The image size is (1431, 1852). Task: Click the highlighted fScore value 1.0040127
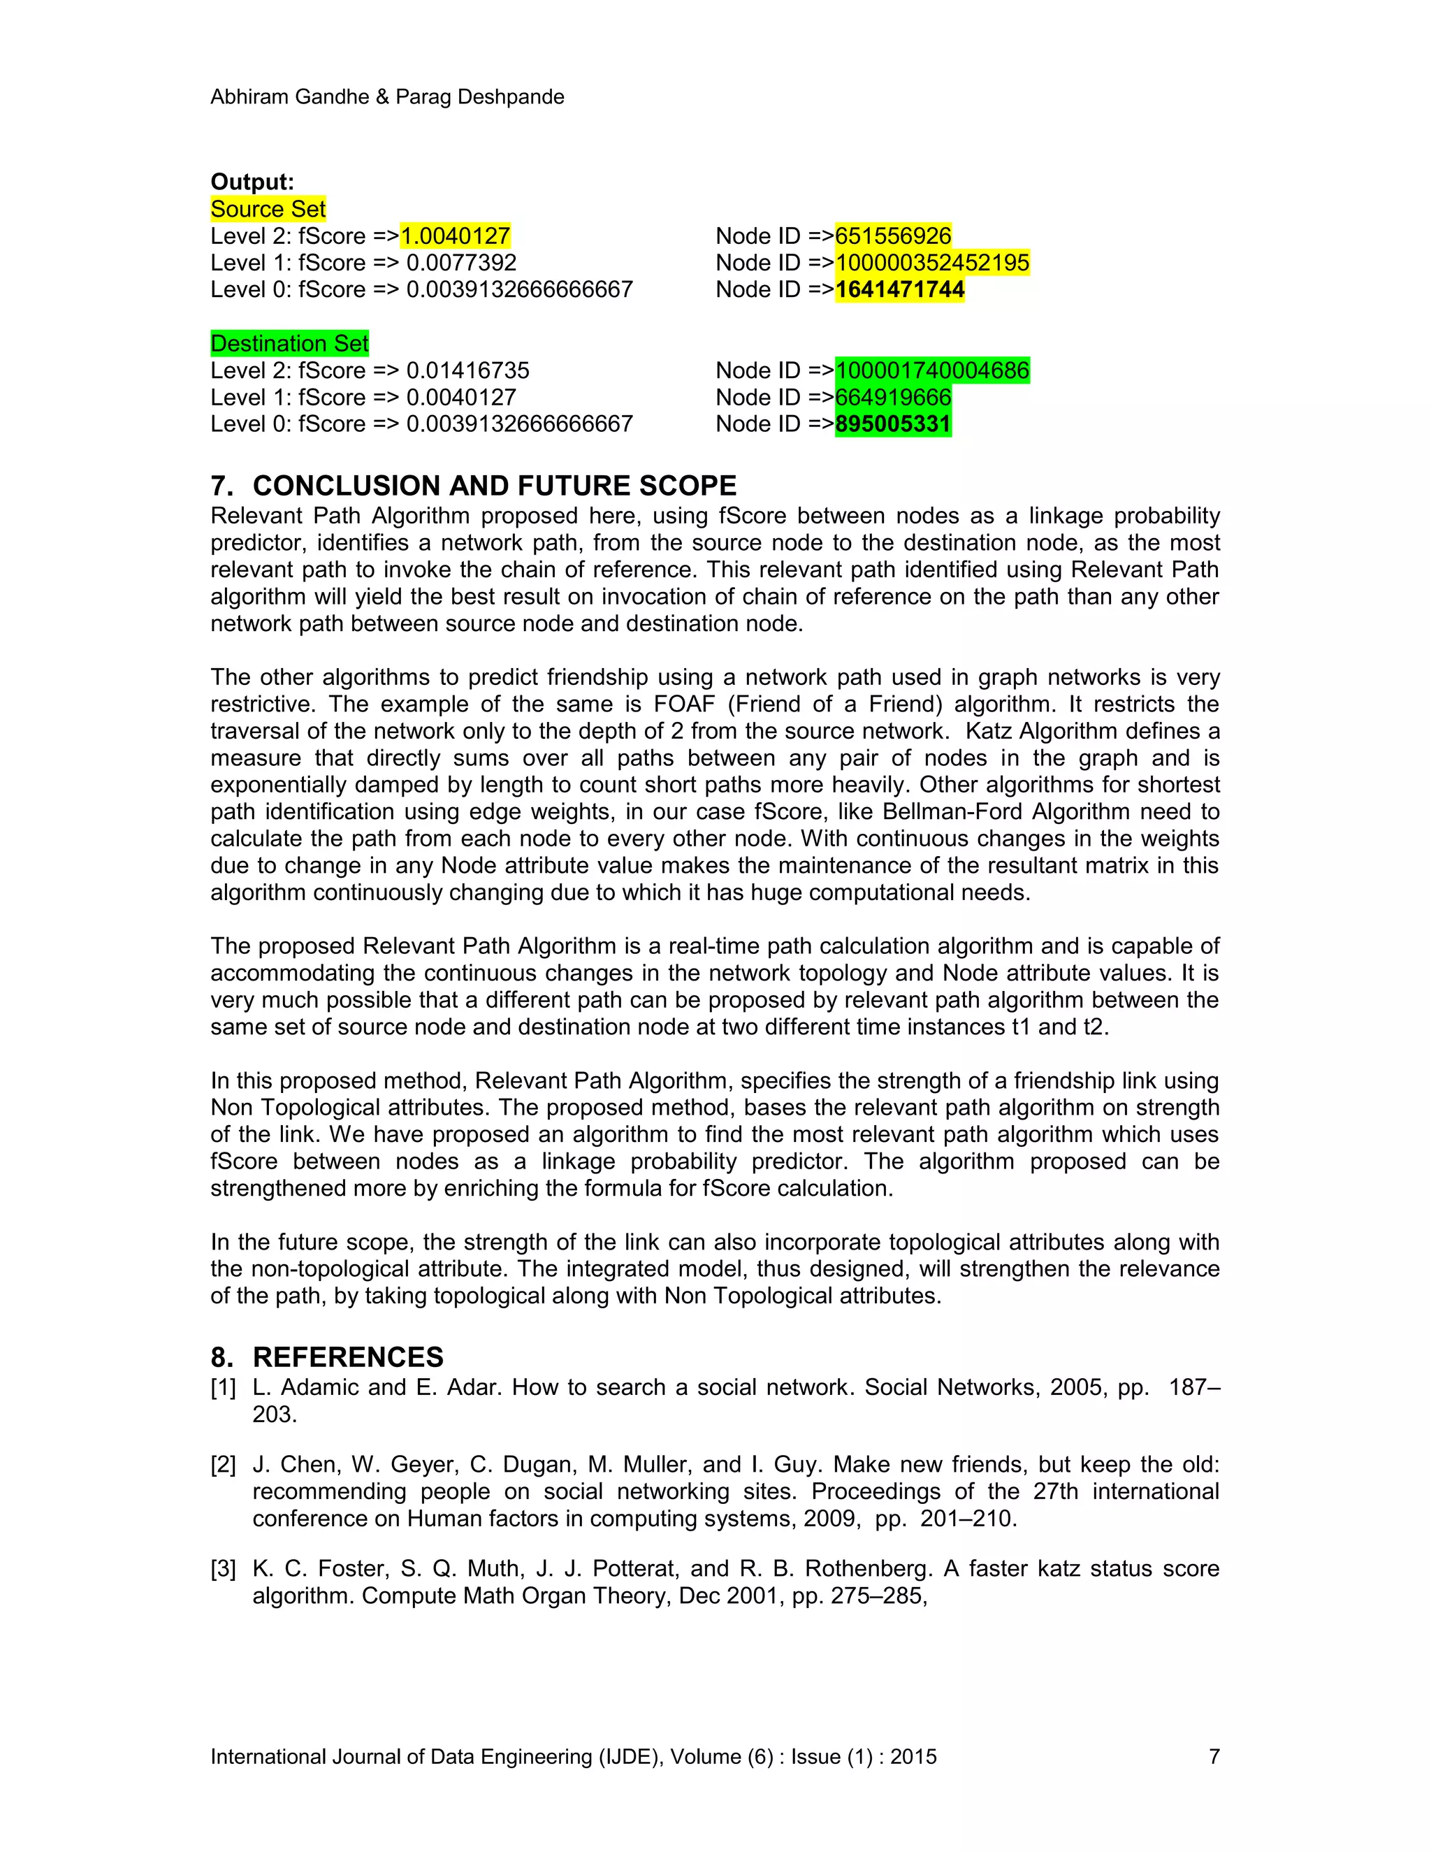(456, 236)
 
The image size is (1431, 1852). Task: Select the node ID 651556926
(893, 236)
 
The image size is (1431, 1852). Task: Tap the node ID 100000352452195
(931, 263)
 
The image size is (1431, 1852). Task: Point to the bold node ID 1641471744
(899, 290)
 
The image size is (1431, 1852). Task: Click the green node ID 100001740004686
(931, 370)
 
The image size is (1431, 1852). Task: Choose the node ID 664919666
(893, 398)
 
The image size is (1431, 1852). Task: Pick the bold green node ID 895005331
(893, 424)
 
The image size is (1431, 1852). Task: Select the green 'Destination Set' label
(289, 343)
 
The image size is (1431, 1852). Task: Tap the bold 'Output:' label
(252, 182)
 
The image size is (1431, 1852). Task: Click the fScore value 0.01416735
(468, 370)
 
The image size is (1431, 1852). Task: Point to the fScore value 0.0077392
(461, 263)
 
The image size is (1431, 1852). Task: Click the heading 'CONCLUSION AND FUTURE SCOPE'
(494, 486)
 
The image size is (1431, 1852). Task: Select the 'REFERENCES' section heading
(347, 1358)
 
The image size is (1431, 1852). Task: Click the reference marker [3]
(223, 1570)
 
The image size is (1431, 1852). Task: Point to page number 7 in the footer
(1214, 1757)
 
